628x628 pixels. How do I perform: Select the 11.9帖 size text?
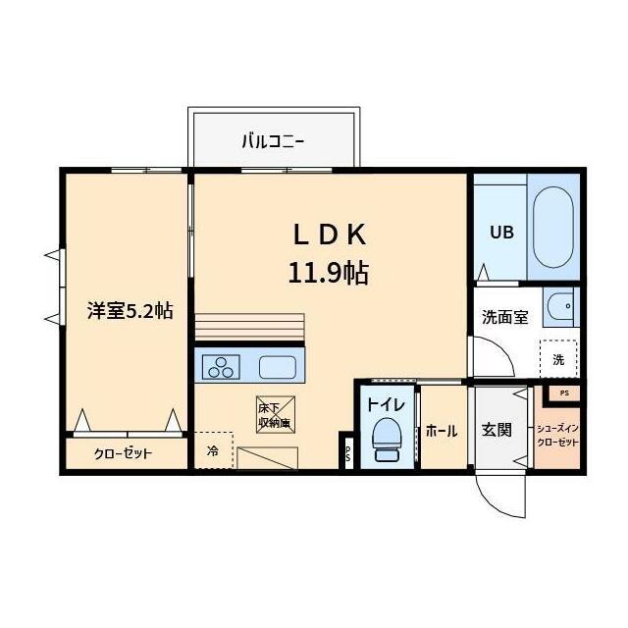[329, 272]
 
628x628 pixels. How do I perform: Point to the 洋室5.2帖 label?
[130, 311]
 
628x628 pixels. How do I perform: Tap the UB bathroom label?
[501, 233]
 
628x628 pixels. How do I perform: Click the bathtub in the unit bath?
[553, 229]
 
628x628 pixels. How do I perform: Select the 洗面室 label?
[504, 317]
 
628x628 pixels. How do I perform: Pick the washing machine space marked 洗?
[557, 359]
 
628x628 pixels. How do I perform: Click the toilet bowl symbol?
[388, 437]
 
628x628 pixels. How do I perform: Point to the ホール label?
[442, 430]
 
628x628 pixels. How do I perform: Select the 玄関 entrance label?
[497, 430]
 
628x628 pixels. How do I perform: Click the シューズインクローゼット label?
[557, 436]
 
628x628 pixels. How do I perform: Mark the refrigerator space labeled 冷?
[214, 451]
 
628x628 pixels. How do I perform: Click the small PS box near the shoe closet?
[562, 392]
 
